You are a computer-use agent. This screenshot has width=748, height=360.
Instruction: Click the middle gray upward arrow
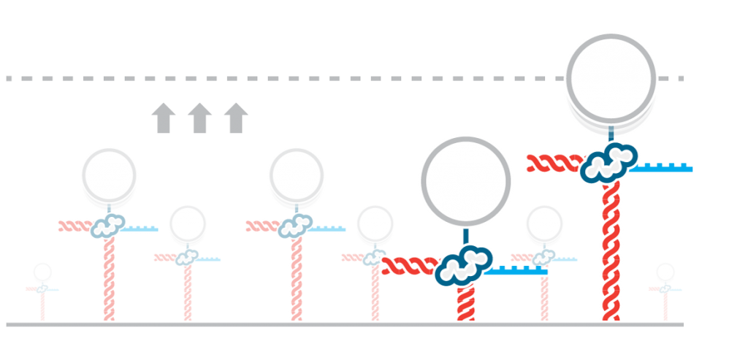coord(199,118)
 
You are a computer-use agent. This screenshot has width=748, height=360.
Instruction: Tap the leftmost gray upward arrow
coord(163,118)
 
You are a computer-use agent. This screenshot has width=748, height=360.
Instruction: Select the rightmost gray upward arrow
coord(235,118)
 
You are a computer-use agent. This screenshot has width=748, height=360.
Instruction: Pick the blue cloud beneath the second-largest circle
coord(463,265)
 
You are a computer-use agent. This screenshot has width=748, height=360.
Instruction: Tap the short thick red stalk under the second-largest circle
coord(465,304)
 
